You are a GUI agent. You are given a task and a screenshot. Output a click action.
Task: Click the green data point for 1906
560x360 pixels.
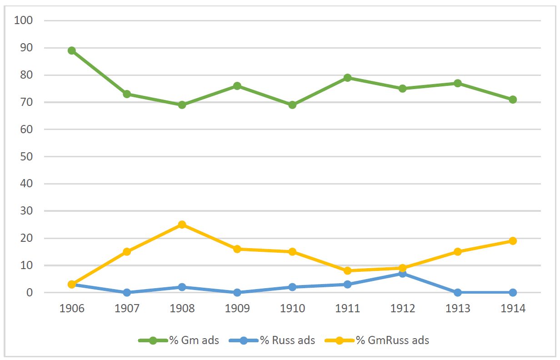click(71, 50)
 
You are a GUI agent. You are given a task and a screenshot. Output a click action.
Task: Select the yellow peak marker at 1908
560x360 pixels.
click(182, 225)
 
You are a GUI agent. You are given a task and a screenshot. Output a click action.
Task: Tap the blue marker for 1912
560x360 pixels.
click(402, 274)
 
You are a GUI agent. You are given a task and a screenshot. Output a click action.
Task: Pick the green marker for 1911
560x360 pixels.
click(347, 78)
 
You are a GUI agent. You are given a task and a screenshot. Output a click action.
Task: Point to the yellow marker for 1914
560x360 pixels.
click(513, 241)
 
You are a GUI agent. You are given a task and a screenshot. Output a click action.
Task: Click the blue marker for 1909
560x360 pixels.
click(237, 292)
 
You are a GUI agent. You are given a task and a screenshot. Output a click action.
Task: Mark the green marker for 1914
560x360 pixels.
click(513, 100)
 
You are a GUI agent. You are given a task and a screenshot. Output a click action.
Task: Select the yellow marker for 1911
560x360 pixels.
click(347, 271)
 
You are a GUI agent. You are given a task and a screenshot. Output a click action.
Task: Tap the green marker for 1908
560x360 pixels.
click(182, 105)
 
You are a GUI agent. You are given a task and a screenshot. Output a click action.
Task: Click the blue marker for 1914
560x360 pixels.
click(513, 292)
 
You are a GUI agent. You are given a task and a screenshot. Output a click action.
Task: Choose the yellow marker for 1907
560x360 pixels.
click(127, 252)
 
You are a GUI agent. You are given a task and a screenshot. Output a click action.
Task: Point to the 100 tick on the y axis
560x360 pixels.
click(24, 20)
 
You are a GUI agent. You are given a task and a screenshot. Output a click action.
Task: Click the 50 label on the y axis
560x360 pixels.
click(27, 157)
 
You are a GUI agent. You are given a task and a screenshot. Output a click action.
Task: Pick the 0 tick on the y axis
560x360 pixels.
click(30, 293)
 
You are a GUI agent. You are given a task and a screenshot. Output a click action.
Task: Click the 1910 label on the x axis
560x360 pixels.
click(292, 309)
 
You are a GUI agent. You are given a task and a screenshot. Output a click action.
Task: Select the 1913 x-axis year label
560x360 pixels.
click(457, 309)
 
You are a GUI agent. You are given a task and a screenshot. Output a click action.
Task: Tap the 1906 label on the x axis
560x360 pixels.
click(72, 309)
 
